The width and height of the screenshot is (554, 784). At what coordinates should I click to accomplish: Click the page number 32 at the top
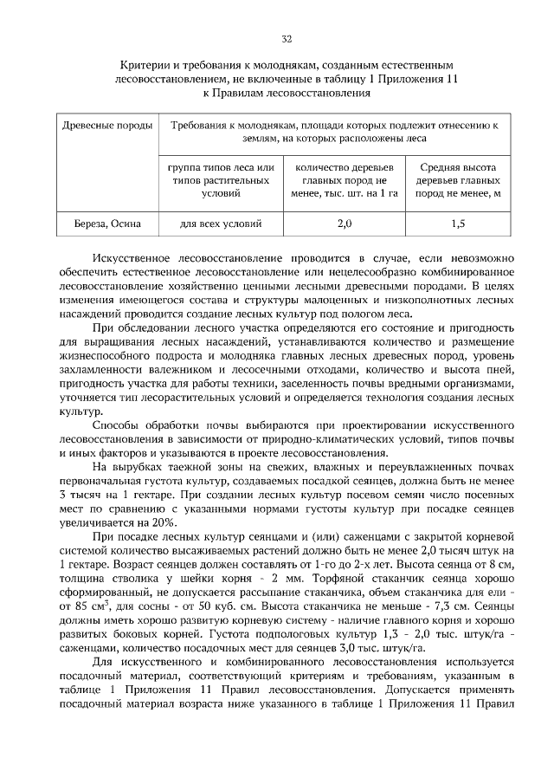coord(287,39)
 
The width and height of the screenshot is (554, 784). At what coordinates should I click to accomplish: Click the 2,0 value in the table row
coord(344,224)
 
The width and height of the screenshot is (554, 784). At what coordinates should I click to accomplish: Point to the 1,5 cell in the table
coord(458,224)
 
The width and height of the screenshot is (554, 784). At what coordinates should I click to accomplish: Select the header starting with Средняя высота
coord(458,180)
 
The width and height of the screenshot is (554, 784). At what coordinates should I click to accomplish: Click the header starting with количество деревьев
coord(344,180)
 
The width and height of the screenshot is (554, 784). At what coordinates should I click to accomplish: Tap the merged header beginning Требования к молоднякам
coord(335,132)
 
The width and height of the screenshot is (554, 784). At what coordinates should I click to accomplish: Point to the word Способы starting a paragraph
coord(118,428)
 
